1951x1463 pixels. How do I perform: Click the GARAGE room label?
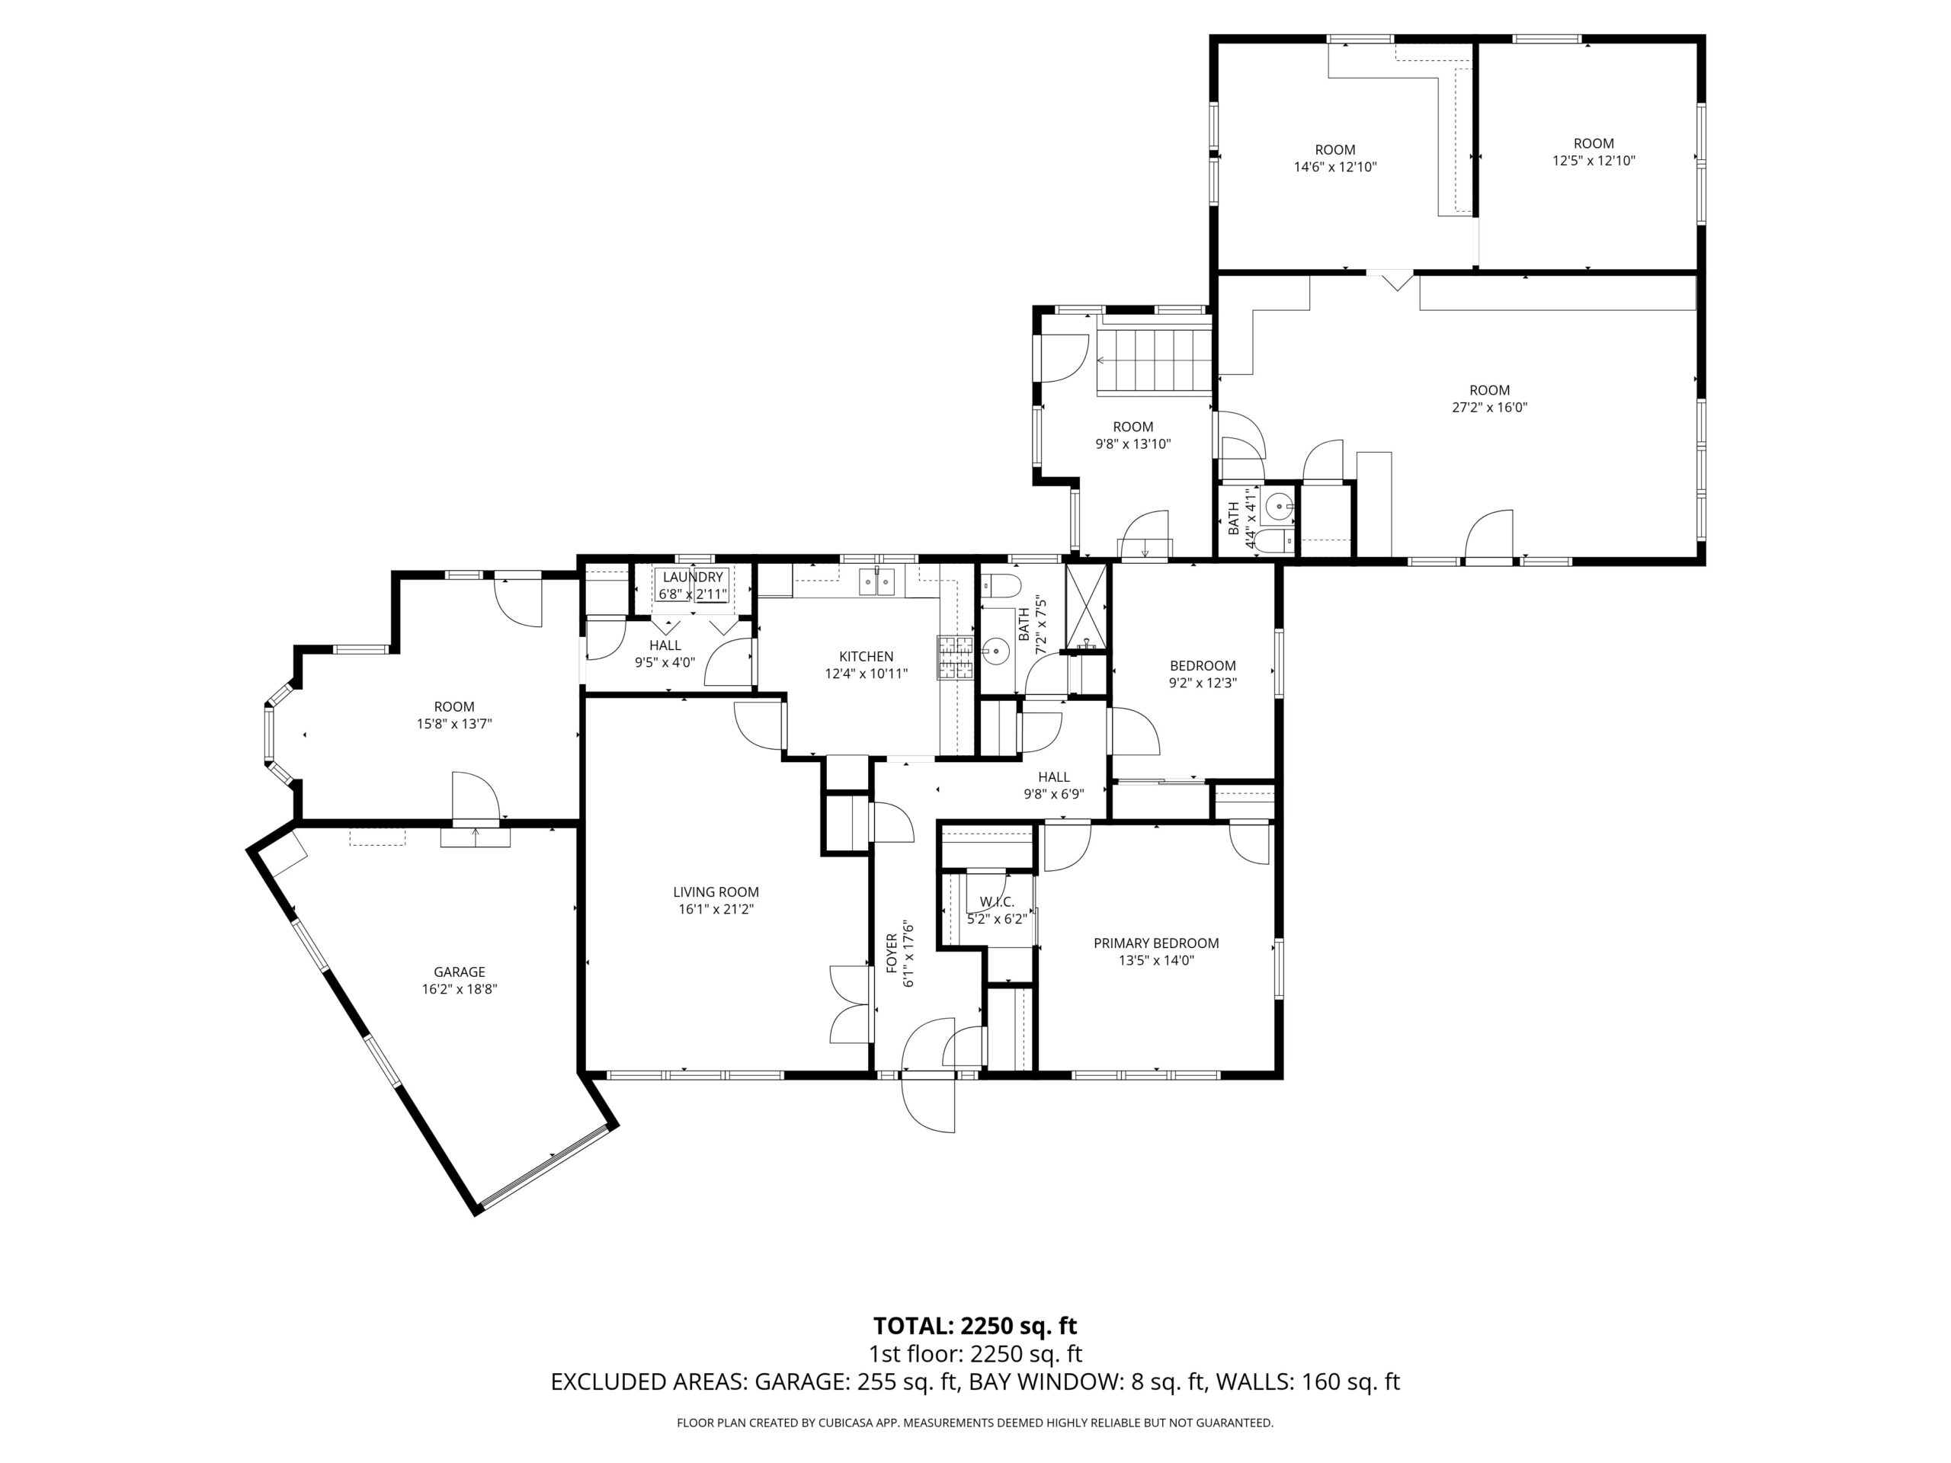click(459, 972)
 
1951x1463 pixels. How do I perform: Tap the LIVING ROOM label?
click(716, 892)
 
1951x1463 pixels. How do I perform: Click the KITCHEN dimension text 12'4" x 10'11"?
click(865, 674)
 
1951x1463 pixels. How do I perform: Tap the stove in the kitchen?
click(954, 658)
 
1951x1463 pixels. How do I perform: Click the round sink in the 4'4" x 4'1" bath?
click(1277, 506)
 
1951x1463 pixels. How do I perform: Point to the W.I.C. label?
click(997, 902)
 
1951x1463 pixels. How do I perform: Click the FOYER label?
click(892, 952)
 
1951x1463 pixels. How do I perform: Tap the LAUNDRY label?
click(692, 577)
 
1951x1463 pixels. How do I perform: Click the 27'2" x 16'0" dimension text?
click(1489, 408)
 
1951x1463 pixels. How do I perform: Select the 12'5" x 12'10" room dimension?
click(1593, 161)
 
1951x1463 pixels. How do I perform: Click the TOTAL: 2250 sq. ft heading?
click(975, 1325)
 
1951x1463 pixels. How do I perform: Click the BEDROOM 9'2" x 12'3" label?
click(1202, 666)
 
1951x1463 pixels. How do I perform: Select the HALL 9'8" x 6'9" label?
click(1053, 777)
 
